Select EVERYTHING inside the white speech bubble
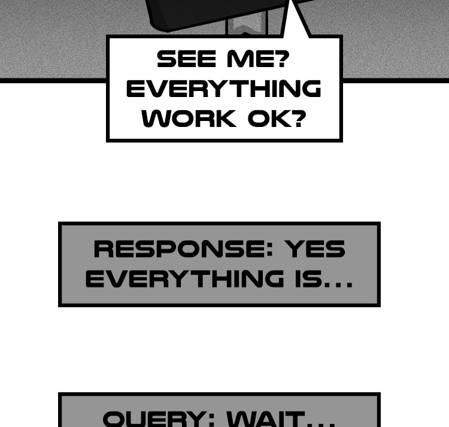[223, 89]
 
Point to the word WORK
[189, 118]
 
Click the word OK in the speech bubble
[268, 118]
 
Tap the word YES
[315, 249]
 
